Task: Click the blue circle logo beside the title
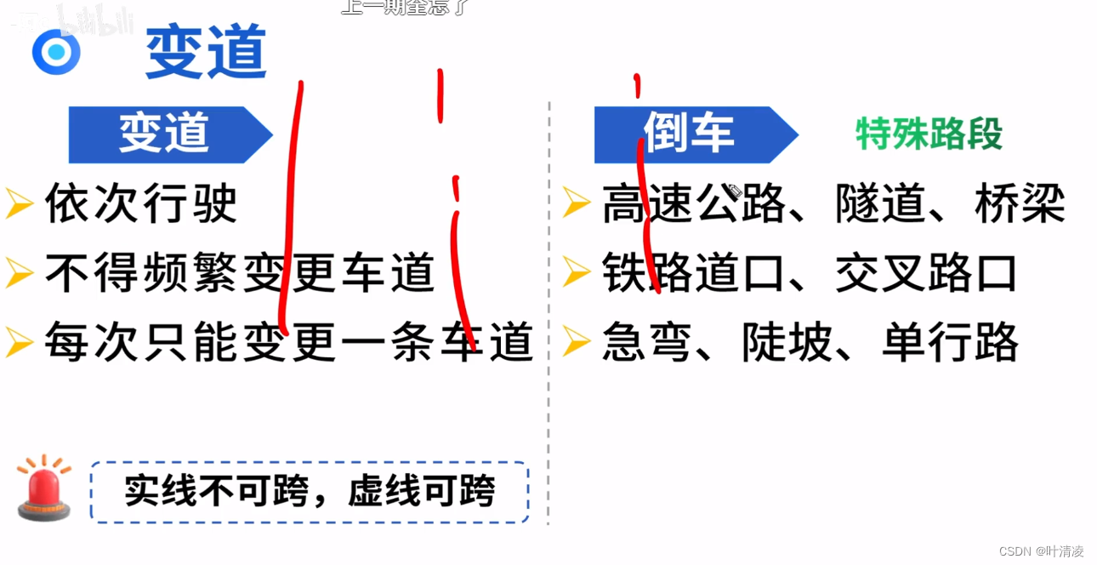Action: coord(56,52)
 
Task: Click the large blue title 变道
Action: coord(206,52)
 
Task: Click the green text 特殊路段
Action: coord(929,134)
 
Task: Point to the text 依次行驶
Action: coord(141,204)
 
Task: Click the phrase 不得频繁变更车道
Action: coord(240,274)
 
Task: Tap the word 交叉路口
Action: coord(926,274)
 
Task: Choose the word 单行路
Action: coord(950,343)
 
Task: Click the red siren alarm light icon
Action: coord(44,489)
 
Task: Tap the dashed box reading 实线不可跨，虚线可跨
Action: coord(310,492)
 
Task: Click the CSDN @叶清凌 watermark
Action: coord(1041,551)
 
